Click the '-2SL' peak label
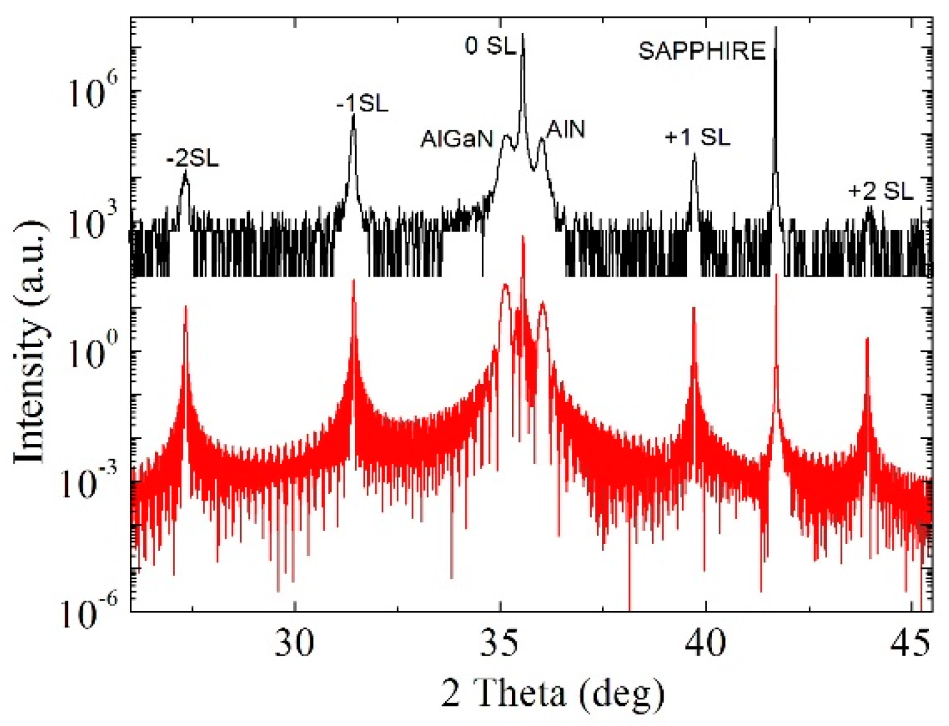click(192, 160)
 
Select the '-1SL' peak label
click(362, 104)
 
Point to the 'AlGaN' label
click(457, 140)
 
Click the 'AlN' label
click(566, 129)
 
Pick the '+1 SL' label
click(697, 138)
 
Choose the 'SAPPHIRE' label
click(702, 51)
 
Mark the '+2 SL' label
click(880, 192)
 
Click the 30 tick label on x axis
click(294, 643)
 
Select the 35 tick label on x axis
click(501, 643)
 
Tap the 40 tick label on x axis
click(706, 643)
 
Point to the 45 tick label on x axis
click(911, 643)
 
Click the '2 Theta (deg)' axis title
click(553, 694)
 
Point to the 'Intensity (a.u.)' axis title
click(31, 340)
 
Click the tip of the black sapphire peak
click(776, 28)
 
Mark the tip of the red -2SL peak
click(186, 306)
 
